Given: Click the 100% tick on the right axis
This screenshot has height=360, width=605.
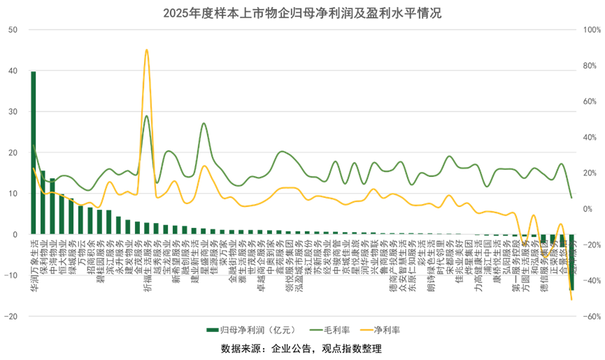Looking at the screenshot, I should coord(592,29).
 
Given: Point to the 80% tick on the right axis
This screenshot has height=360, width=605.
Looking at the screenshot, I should coord(590,66).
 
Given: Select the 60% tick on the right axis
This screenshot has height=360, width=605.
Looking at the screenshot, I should coord(590,101).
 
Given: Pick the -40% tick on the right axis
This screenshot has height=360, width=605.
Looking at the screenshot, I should coord(592,281).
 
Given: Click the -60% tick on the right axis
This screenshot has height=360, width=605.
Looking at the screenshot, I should coord(592,317).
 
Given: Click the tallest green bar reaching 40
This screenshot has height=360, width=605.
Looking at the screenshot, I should coord(34,152).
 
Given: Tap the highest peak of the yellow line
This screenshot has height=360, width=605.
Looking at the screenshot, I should coord(146,50).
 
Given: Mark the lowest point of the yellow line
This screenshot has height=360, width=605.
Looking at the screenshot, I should coord(571,300).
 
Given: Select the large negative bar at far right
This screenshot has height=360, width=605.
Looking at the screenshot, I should coord(571,262).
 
